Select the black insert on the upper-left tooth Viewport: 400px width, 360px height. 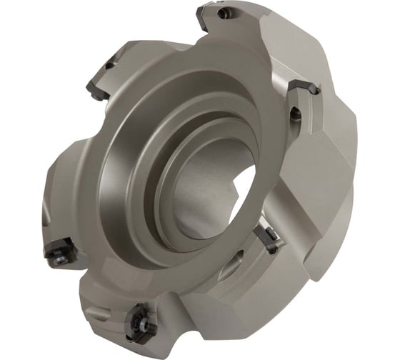pyautogui.click(x=98, y=88)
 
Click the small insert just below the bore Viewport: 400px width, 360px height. pyautogui.click(x=269, y=239)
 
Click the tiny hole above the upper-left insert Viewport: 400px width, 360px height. pyautogui.click(x=110, y=65)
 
